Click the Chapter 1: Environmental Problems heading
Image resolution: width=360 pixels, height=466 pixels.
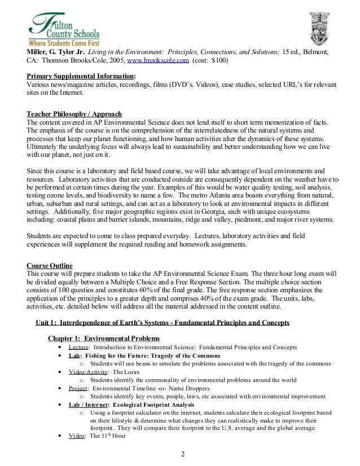pyautogui.click(x=104, y=338)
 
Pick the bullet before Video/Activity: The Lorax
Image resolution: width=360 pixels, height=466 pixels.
pyautogui.click(x=60, y=372)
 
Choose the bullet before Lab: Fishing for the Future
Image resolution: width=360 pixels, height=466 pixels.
pyautogui.click(x=60, y=356)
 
